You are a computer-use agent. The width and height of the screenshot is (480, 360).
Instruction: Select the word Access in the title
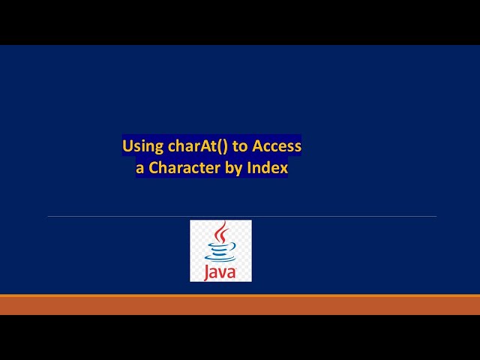(x=277, y=145)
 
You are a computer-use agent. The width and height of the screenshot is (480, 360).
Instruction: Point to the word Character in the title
(x=184, y=168)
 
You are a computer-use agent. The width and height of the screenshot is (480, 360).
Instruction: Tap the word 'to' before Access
(x=241, y=145)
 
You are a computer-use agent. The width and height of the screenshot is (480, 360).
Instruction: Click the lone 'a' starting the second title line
(x=139, y=169)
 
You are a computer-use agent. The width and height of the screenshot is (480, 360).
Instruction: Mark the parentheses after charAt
(x=222, y=145)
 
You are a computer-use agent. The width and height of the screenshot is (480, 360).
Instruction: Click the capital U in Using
(x=127, y=145)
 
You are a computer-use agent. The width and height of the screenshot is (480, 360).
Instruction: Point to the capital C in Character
(x=154, y=168)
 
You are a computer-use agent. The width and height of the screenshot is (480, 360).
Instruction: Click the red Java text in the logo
(x=220, y=271)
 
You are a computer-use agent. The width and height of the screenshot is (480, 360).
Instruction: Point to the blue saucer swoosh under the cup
(x=220, y=259)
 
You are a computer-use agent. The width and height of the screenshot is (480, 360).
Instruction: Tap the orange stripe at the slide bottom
(x=240, y=304)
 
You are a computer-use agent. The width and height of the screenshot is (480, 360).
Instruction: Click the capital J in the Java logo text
(x=207, y=271)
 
